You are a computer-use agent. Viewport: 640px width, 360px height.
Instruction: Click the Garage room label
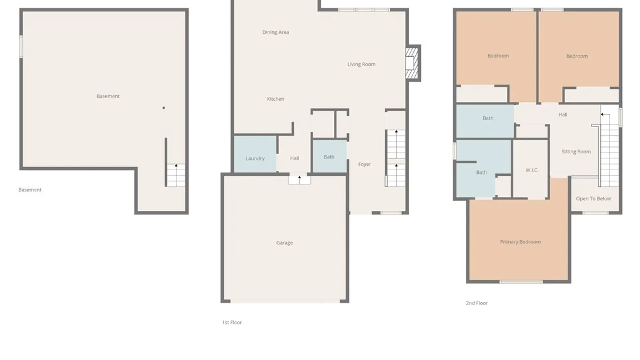coord(284,243)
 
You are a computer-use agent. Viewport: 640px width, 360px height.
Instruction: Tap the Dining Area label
coord(275,32)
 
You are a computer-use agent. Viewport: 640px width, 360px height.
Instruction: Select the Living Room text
coord(361,64)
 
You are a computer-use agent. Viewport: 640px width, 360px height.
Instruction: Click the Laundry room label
coord(255,158)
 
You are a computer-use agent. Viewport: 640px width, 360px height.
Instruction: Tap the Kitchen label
coord(275,99)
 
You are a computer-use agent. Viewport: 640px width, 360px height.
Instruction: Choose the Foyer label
coord(364,164)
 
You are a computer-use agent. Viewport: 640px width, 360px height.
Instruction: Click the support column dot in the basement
coord(164,108)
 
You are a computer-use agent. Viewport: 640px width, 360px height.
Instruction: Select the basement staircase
coord(176,175)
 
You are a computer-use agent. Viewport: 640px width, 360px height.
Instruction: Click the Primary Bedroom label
coord(520,242)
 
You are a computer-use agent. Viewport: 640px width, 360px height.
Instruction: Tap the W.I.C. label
coord(532,170)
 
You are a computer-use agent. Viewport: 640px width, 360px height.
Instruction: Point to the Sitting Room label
coord(576,151)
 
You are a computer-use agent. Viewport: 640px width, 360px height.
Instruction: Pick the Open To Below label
coord(593,199)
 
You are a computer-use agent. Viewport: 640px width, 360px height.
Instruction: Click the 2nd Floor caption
coord(477,303)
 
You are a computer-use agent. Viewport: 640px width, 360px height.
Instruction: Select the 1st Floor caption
coord(232,322)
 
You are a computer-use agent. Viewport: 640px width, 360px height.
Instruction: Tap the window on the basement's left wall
coord(21,47)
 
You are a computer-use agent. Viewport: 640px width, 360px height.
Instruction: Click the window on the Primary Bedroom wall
coord(521,282)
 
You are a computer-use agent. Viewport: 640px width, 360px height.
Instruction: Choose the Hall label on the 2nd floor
coord(563,115)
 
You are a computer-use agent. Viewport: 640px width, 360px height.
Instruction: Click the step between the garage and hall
coord(299,180)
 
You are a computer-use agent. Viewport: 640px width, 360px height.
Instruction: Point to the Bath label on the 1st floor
coord(329,157)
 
